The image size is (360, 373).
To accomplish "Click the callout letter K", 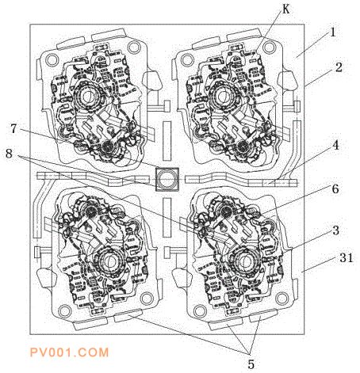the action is tap(285, 10).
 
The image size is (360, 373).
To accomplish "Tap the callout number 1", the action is tap(332, 32).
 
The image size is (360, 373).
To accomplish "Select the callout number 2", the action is tap(339, 67).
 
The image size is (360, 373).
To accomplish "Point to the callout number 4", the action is tap(335, 145).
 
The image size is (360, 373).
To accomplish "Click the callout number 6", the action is tap(335, 189).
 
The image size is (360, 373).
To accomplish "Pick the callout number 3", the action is tap(335, 230).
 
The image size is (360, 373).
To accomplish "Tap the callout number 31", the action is tap(346, 257).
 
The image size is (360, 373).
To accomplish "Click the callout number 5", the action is tap(251, 364).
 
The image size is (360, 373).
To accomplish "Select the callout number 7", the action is tap(13, 128).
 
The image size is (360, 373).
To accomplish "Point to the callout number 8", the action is tap(9, 154).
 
